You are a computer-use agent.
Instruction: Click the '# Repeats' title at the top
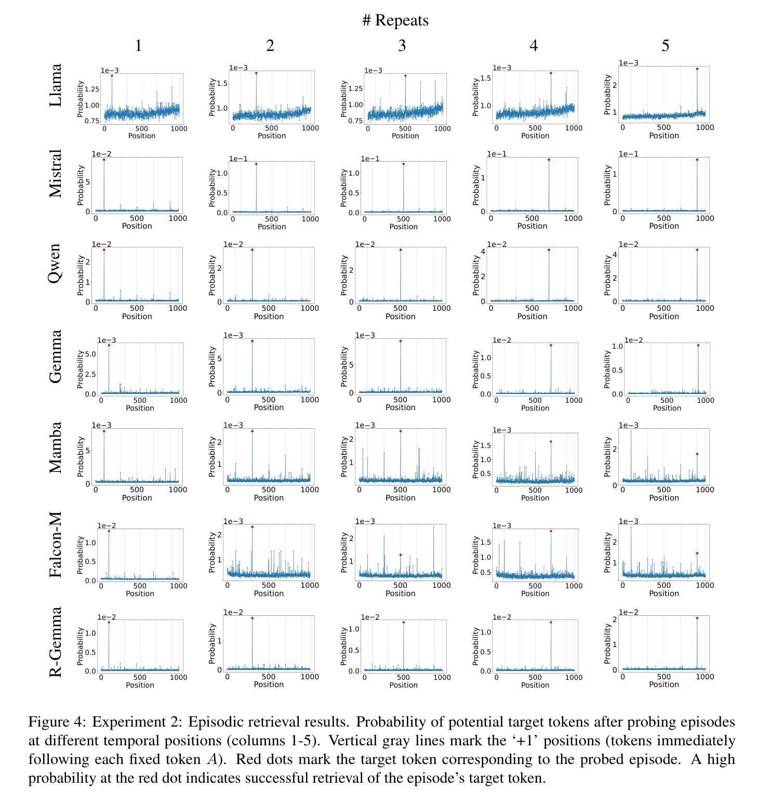coord(395,21)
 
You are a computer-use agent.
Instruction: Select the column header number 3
coord(402,46)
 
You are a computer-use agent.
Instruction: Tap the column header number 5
coord(665,46)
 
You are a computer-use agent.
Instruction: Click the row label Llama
coord(56,85)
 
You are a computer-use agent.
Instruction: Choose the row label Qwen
coord(56,263)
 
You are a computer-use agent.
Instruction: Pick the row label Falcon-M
coord(56,544)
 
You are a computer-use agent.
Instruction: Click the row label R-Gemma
coord(56,642)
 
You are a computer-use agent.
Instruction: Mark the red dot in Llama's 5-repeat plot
coord(697,69)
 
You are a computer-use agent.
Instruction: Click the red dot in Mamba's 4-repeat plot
coord(551,442)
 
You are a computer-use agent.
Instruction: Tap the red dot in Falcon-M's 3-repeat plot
coord(401,555)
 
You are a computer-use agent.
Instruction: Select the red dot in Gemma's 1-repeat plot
coord(109,345)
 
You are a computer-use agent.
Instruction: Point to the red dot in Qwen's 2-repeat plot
coord(252,250)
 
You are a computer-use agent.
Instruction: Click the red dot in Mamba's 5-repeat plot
coord(697,454)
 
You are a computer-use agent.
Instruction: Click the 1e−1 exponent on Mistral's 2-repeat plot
coord(239,159)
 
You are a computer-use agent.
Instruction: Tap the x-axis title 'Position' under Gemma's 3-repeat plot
coord(400,407)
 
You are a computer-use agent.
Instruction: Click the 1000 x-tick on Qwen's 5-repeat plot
coord(705,308)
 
